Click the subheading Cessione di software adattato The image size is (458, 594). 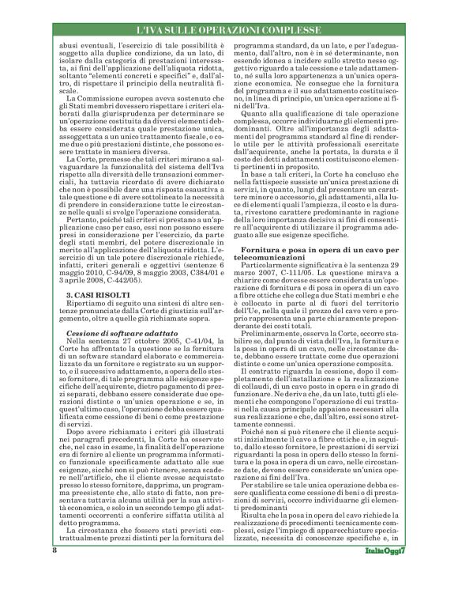(109, 334)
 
